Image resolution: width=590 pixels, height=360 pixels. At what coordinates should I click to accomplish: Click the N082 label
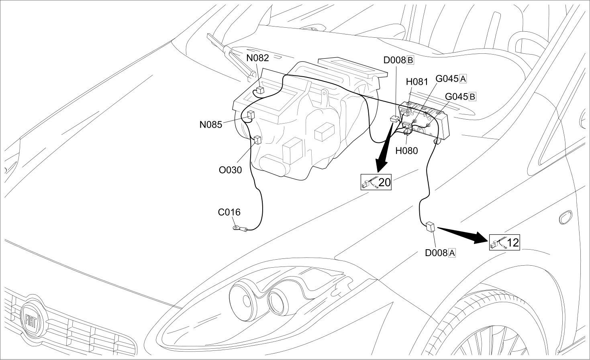257,58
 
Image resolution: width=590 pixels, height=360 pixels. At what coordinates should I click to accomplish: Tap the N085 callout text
211,125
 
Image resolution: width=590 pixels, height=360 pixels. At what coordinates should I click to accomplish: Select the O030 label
230,170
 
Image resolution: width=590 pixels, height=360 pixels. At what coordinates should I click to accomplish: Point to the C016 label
229,212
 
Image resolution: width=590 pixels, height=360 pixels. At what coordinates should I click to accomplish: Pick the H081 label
417,82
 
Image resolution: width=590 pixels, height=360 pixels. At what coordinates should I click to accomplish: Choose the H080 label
407,151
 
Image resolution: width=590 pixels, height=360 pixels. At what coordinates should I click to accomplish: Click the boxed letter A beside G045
463,79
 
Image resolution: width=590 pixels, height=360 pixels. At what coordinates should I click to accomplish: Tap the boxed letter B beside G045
472,97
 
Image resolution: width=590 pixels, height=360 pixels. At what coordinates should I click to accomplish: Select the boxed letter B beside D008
410,60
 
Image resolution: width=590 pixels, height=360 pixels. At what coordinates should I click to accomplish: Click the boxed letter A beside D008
452,253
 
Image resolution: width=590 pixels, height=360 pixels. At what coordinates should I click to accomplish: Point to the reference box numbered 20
376,182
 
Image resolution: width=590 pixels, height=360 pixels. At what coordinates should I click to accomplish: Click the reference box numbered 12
504,242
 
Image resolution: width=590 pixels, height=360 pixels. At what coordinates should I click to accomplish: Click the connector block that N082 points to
260,90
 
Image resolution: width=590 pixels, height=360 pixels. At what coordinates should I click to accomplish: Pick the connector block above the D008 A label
430,227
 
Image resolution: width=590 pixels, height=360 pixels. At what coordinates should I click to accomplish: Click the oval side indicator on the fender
566,218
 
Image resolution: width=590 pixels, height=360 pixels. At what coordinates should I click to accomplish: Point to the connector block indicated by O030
257,140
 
